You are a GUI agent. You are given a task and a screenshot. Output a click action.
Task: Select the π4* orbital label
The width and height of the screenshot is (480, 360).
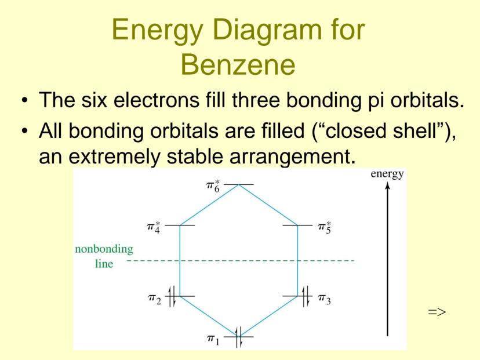(x=154, y=227)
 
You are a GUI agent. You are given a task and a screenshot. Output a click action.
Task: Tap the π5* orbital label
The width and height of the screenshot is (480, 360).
(x=325, y=227)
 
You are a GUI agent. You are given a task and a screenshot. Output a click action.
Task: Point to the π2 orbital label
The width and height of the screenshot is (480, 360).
(x=154, y=299)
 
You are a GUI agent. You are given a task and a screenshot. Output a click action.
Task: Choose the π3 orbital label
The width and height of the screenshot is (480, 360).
(x=325, y=299)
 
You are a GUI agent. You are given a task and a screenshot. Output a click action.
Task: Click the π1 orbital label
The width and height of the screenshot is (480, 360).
(x=213, y=340)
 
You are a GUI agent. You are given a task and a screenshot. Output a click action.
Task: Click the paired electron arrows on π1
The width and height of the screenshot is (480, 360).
(x=239, y=337)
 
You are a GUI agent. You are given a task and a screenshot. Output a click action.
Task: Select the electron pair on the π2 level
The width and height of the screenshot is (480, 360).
(x=172, y=296)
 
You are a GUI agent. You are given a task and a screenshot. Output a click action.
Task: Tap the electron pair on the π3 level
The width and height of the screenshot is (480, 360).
(x=306, y=296)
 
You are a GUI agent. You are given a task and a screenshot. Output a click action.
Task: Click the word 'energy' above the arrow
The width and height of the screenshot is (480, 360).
(x=387, y=174)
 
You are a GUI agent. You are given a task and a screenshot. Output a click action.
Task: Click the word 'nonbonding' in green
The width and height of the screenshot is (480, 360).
(x=104, y=249)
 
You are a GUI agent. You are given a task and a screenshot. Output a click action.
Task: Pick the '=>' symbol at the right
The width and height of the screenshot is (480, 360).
(x=437, y=312)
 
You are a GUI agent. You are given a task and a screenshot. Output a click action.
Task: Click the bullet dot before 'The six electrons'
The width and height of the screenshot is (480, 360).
(x=25, y=100)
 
